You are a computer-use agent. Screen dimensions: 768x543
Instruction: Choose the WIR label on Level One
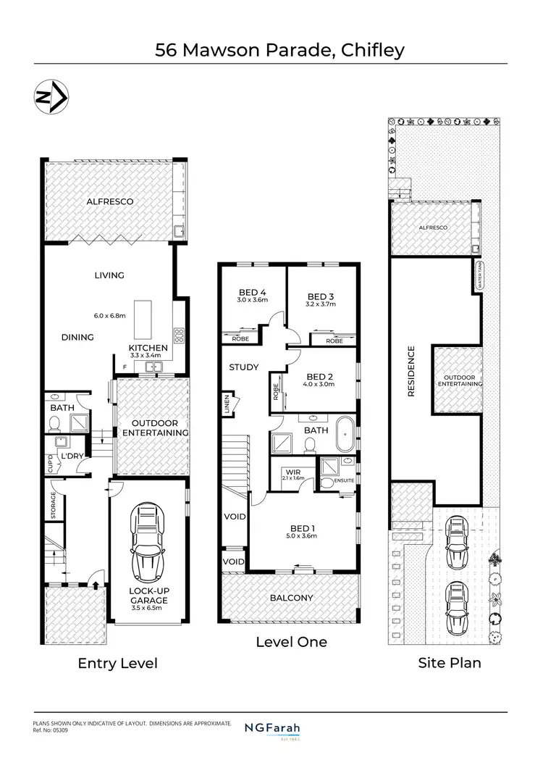click(294, 472)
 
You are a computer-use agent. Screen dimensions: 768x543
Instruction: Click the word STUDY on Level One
click(243, 367)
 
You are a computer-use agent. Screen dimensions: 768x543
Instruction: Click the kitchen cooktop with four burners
click(178, 335)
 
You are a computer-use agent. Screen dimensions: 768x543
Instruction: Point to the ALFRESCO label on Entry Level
click(109, 201)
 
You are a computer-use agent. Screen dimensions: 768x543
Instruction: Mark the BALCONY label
click(291, 598)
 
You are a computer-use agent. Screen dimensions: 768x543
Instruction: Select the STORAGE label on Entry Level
click(54, 506)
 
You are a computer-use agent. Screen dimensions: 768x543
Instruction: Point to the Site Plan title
click(449, 662)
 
